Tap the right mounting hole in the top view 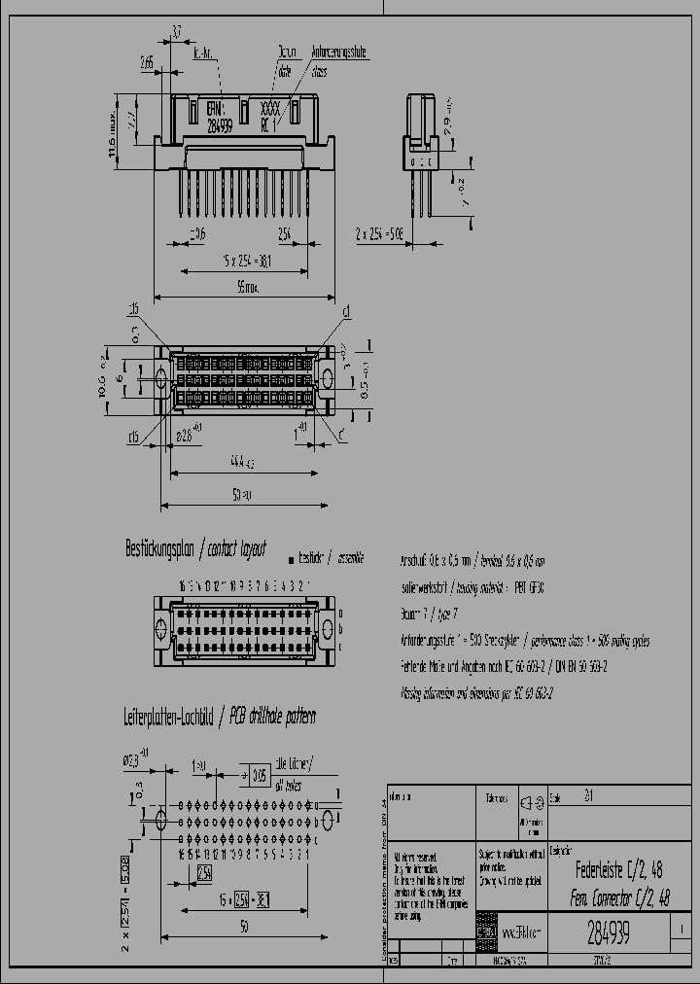pos(327,377)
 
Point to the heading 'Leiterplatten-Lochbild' pos(167,718)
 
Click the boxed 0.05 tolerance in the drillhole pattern pos(260,775)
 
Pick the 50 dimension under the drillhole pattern pos(243,928)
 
